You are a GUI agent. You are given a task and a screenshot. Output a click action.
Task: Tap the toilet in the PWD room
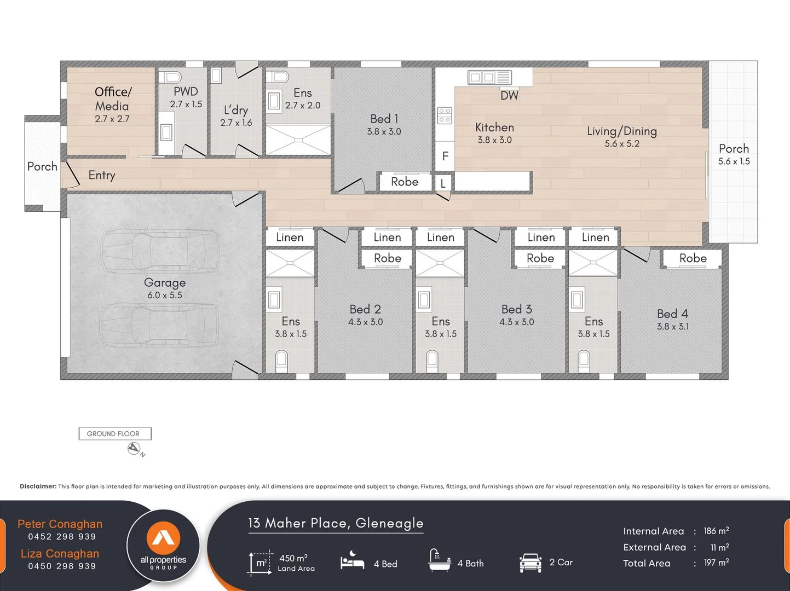point(170,77)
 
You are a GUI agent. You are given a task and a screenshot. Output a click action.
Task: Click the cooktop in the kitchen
point(445,115)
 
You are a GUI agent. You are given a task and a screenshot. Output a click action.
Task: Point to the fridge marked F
point(445,156)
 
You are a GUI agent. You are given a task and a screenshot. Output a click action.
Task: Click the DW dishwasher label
point(509,95)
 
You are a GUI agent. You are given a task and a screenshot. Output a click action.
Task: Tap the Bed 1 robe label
point(405,182)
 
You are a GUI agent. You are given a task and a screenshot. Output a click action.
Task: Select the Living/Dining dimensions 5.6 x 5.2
point(622,143)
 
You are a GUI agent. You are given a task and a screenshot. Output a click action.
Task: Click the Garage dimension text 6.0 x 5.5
point(164,295)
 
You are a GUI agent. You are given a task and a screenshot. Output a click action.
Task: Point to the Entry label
point(102,175)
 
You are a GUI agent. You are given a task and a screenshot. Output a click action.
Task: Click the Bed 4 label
point(672,314)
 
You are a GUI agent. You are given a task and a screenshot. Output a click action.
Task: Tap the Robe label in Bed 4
point(693,258)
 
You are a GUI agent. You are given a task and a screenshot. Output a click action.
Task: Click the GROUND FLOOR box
point(115,433)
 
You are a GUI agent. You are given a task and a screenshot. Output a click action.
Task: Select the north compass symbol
point(134,449)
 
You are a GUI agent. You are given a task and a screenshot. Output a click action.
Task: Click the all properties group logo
point(163,546)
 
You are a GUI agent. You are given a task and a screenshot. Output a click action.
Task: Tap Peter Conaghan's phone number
point(62,536)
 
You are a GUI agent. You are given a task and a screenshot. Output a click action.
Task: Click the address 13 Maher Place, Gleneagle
point(336,523)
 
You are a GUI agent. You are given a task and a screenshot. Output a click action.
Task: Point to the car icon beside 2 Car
point(530,563)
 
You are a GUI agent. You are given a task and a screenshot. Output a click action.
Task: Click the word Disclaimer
point(38,486)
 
